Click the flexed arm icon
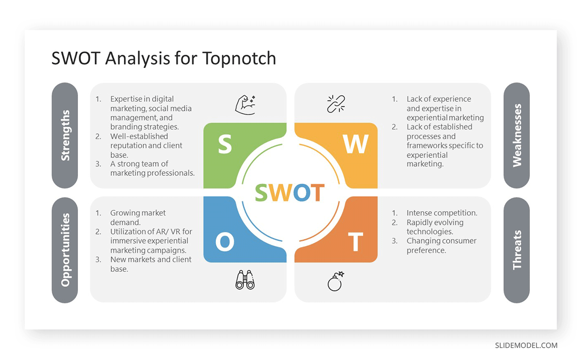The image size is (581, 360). point(245,104)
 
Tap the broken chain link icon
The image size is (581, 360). point(336,104)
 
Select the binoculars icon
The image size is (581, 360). point(245,280)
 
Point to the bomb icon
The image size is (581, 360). point(336,281)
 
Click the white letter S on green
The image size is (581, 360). point(225,145)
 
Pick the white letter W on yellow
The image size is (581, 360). point(355,144)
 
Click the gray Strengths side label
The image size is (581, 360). point(65,135)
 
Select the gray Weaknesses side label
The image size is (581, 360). point(517,135)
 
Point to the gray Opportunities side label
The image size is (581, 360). point(65,250)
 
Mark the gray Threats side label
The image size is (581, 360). point(517,250)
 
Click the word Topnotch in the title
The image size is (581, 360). point(239,58)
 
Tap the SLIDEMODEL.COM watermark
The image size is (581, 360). point(526,345)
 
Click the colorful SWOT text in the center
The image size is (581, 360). point(290,193)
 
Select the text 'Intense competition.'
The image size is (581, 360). point(442,213)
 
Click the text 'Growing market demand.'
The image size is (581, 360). point(138,218)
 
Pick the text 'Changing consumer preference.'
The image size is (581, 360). point(441,246)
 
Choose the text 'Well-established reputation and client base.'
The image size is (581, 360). point(146,145)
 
